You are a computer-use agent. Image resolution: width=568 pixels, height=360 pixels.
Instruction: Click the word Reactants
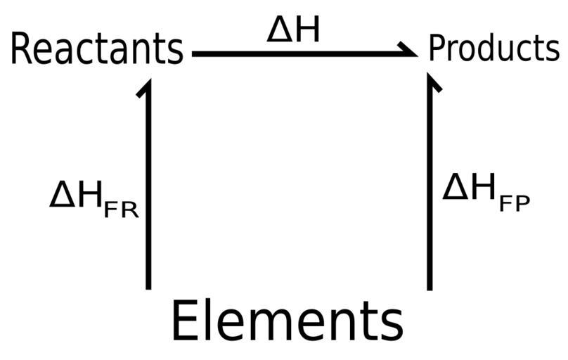click(96, 49)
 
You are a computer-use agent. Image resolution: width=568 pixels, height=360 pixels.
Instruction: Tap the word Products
click(493, 49)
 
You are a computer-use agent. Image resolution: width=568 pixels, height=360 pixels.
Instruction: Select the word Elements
click(287, 322)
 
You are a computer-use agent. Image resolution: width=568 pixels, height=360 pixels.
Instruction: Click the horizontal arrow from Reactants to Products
click(302, 53)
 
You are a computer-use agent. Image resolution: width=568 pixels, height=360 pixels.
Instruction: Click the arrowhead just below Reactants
click(146, 86)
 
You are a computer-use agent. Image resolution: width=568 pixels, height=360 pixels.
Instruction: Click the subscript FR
click(121, 210)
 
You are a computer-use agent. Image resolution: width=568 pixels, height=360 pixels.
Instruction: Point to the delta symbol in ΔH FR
click(62, 195)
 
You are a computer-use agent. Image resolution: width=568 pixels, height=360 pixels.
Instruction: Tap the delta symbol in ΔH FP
click(455, 188)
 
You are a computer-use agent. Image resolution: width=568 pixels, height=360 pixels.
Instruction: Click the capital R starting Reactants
click(22, 49)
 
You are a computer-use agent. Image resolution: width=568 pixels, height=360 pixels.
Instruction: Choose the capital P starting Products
click(437, 49)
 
